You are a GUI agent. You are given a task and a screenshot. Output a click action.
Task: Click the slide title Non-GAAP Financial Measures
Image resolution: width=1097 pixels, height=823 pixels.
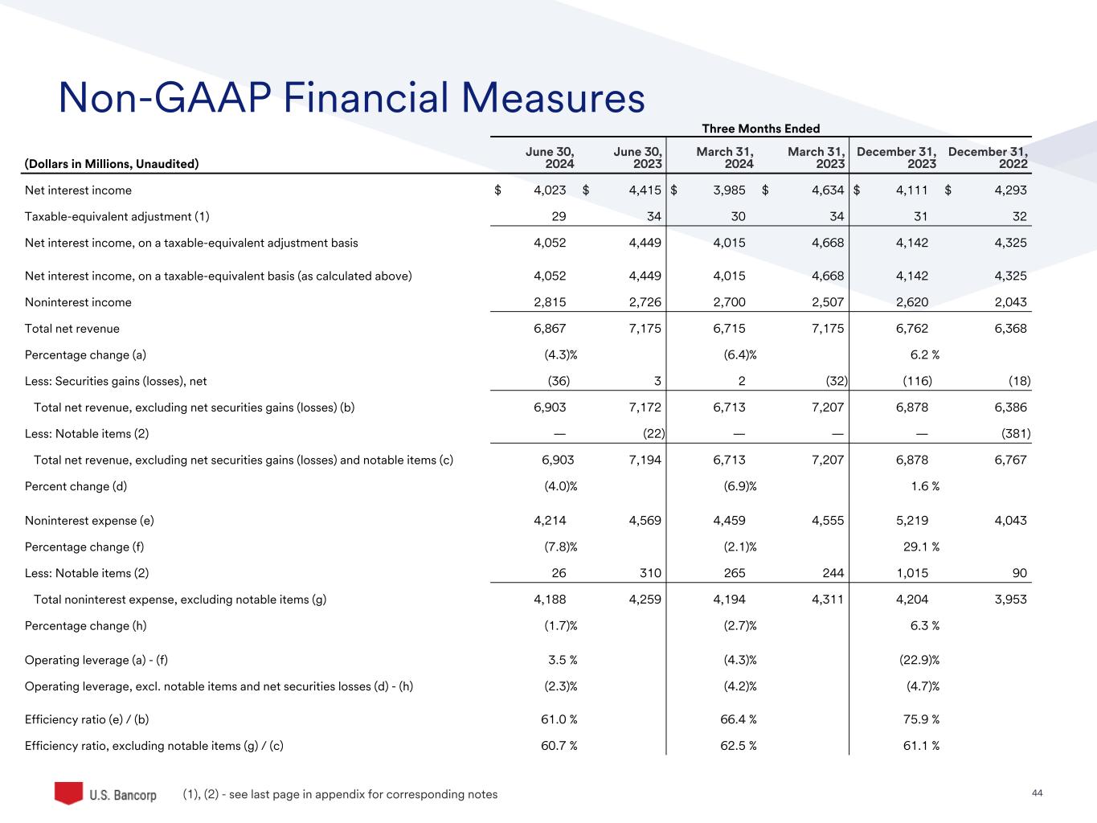[x=351, y=98]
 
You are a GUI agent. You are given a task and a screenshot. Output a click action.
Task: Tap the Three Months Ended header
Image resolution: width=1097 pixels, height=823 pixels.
[x=760, y=129]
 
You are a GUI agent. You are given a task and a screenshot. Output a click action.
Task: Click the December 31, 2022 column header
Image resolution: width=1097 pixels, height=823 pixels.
[x=988, y=158]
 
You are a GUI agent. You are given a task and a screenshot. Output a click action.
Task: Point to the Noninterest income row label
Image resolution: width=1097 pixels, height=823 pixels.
[x=78, y=302]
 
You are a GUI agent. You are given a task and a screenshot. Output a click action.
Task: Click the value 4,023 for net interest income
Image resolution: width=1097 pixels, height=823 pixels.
[x=550, y=190]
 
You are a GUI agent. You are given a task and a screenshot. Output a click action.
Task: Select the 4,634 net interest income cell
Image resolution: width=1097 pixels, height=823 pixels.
[x=828, y=190]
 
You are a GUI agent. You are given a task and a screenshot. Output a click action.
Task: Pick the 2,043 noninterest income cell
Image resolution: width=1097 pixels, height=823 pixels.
[x=1010, y=302]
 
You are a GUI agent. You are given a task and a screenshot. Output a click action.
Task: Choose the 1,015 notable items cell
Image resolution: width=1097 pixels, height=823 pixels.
[x=912, y=573]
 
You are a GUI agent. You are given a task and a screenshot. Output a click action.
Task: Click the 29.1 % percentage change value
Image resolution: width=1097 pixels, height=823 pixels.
[x=922, y=547]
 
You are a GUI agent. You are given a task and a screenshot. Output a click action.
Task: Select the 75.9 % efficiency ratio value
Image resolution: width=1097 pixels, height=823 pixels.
[x=922, y=719]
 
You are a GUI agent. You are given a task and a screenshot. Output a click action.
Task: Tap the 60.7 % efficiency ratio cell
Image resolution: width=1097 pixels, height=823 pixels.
[x=559, y=746]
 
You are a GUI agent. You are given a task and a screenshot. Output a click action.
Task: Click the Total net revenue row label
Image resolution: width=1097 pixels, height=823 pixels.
[x=72, y=329]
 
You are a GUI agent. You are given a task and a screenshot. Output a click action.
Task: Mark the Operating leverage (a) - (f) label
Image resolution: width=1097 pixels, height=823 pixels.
[x=96, y=660]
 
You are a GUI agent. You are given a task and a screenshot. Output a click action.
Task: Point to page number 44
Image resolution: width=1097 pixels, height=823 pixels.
[x=1037, y=793]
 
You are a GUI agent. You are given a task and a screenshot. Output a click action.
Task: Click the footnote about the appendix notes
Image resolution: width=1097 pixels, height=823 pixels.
[x=341, y=794]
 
